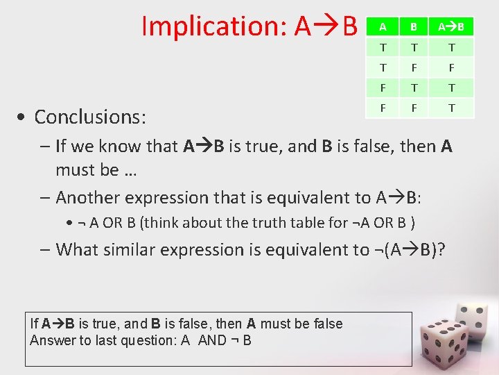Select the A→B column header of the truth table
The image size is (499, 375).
click(x=451, y=27)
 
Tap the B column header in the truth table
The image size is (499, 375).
click(x=413, y=27)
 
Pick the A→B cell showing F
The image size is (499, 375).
click(x=451, y=68)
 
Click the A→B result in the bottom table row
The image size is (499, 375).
click(x=451, y=108)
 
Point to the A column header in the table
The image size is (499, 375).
click(x=382, y=27)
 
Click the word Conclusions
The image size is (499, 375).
click(x=90, y=117)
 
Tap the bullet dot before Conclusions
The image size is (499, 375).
click(x=24, y=117)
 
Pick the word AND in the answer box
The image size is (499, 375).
click(x=212, y=340)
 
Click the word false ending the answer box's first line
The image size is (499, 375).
click(x=329, y=324)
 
